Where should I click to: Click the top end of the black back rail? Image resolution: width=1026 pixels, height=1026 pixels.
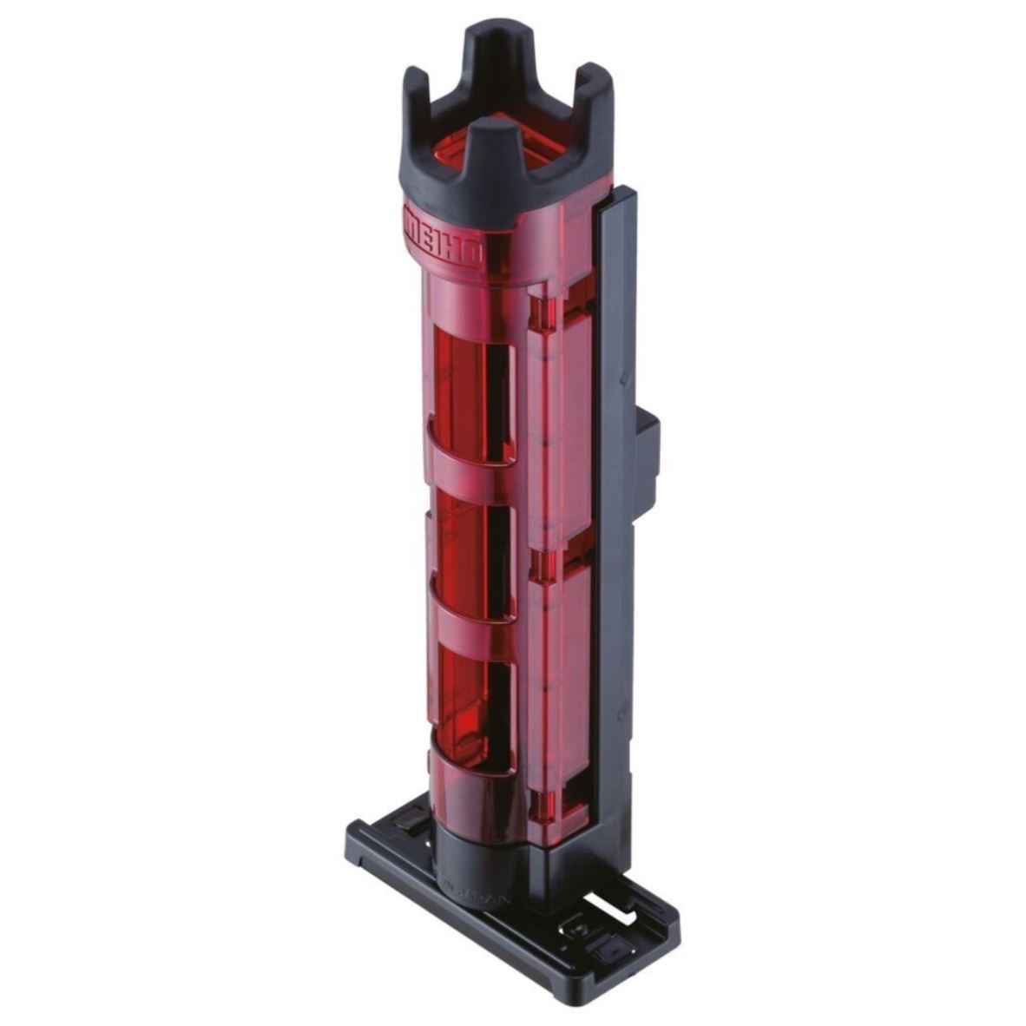pos(617,196)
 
